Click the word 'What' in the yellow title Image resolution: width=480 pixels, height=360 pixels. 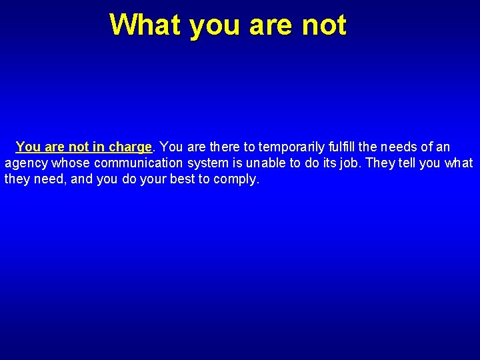pos(145,25)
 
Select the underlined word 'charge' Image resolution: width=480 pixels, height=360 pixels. pos(131,147)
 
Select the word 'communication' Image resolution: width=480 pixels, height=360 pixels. pos(138,163)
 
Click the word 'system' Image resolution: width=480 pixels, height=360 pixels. pos(208,163)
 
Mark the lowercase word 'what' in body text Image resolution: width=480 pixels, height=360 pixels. pos(458,163)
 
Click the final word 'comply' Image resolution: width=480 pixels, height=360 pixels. pos(235,180)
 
